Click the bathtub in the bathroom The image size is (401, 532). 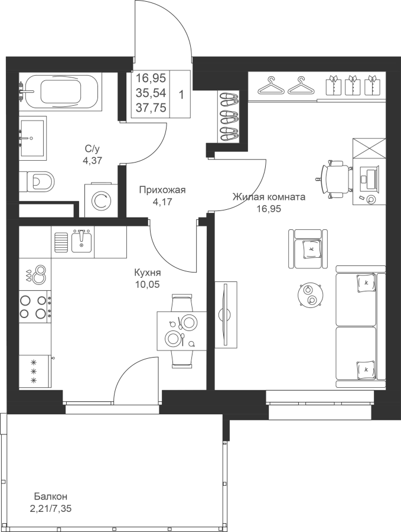(x=60, y=92)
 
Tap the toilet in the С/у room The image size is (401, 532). (x=37, y=181)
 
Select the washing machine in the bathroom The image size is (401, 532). (x=100, y=200)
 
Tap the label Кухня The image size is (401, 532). (x=148, y=273)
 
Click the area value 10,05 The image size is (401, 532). (x=148, y=284)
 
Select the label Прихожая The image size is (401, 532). (x=163, y=190)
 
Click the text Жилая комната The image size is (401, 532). (x=269, y=197)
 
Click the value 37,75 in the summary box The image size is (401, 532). (x=151, y=108)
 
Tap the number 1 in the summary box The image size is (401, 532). (x=181, y=95)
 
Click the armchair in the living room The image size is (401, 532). (x=308, y=249)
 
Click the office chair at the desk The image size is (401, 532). (x=334, y=178)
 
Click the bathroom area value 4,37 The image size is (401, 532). (x=93, y=160)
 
